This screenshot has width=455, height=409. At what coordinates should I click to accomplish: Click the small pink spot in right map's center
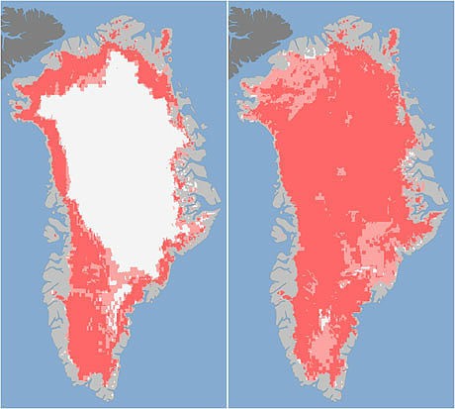[341, 173]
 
